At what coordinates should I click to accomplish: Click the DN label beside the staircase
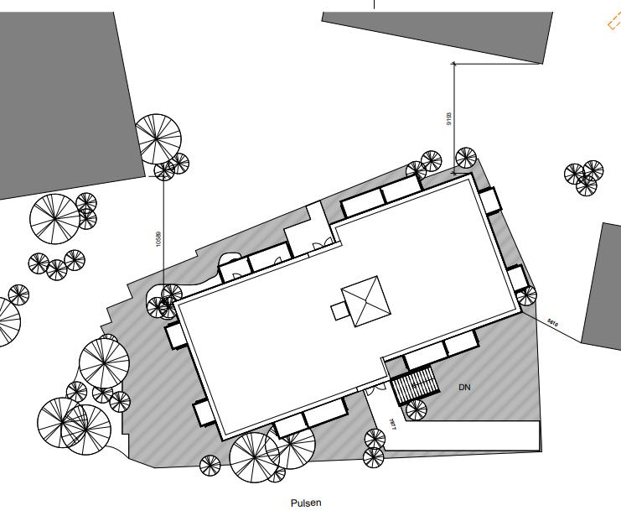463,388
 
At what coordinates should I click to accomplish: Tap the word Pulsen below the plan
306,503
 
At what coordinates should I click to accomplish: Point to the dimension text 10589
158,238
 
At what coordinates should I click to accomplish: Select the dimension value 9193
448,118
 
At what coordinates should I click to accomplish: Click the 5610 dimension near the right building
552,321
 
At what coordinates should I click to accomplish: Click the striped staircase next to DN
416,387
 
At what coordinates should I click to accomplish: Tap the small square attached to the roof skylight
339,311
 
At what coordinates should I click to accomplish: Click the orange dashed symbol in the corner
613,23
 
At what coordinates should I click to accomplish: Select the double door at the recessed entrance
318,244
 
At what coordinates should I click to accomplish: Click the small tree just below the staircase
414,409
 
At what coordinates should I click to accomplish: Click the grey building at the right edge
602,285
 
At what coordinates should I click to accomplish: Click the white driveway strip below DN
469,435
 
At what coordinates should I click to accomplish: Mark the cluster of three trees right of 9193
584,176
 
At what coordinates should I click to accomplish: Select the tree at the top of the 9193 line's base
466,158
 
